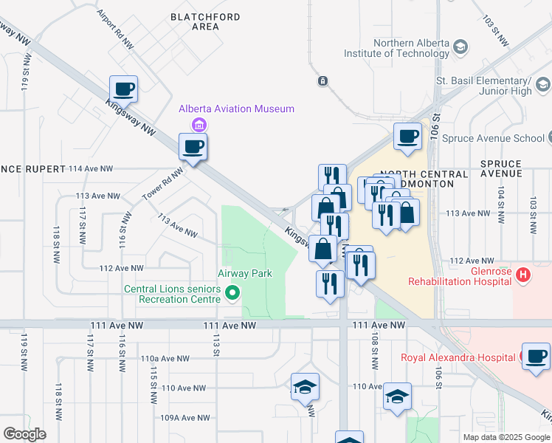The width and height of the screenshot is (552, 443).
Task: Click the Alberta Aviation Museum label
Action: pyautogui.click(x=236, y=109)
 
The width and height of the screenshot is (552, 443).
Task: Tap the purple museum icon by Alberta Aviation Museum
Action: pyautogui.click(x=198, y=124)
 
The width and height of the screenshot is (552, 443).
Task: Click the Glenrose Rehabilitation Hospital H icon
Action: pyautogui.click(x=523, y=276)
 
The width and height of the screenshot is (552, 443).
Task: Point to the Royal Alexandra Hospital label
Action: pyautogui.click(x=458, y=357)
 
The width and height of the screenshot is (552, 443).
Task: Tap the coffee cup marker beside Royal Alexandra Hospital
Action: pyautogui.click(x=535, y=356)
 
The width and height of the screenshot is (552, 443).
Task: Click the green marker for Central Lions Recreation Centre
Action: pyautogui.click(x=232, y=294)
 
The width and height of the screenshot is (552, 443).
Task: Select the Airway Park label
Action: pyautogui.click(x=244, y=273)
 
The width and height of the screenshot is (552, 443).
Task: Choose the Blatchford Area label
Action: pyautogui.click(x=195, y=21)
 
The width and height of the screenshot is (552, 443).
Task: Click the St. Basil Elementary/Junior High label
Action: pyautogui.click(x=483, y=86)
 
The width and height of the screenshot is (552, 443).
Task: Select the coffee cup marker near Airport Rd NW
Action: pyautogui.click(x=124, y=89)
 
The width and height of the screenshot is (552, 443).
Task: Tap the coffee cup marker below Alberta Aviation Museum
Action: pyautogui.click(x=193, y=146)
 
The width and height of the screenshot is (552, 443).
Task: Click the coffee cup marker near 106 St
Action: pyautogui.click(x=407, y=136)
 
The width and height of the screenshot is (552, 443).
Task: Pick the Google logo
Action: pyautogui.click(x=24, y=434)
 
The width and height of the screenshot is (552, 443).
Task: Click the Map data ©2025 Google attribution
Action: pyautogui.click(x=506, y=437)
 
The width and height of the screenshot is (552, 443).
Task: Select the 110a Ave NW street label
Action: pyautogui.click(x=165, y=358)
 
